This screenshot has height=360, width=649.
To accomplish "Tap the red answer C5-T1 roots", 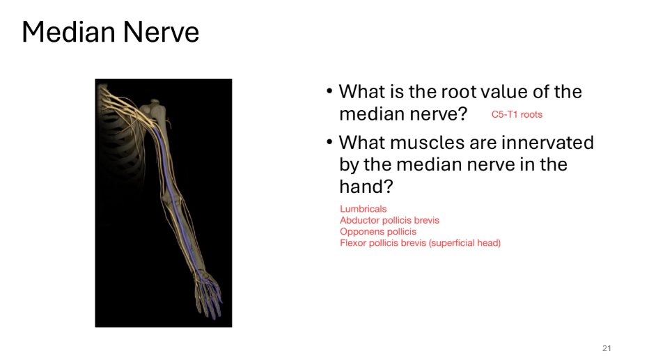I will pyautogui.click(x=517, y=114).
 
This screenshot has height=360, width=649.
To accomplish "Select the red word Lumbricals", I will pyautogui.click(x=363, y=209).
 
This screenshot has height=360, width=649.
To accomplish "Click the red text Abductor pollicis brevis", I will pyautogui.click(x=389, y=220).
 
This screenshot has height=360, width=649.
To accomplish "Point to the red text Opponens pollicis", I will pyautogui.click(x=377, y=232).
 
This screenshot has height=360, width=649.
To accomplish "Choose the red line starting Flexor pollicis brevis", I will pyautogui.click(x=420, y=243).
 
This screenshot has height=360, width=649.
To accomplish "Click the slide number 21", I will pyautogui.click(x=606, y=348).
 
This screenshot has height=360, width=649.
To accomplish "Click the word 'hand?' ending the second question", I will pyautogui.click(x=361, y=187).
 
